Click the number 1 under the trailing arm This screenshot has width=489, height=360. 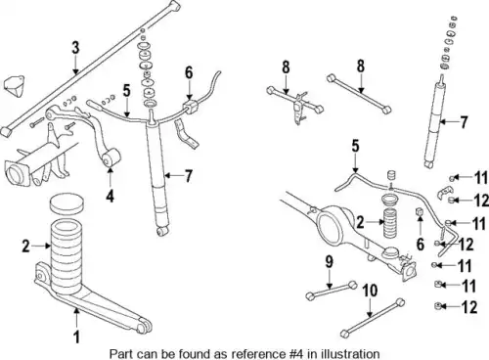(x=76, y=337)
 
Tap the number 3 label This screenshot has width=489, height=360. (x=75, y=48)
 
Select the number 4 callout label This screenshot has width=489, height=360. (x=111, y=196)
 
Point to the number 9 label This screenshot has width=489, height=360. (x=330, y=262)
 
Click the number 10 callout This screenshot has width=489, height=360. (x=370, y=291)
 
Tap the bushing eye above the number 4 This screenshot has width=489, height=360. (x=111, y=157)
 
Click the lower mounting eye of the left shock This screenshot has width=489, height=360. (x=162, y=231)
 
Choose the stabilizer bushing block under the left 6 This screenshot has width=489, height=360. (x=189, y=107)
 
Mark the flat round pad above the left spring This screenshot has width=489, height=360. (x=67, y=203)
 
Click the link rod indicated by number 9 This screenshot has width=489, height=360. (x=332, y=290)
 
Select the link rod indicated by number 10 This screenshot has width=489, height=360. (x=373, y=317)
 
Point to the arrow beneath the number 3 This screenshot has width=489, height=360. (x=75, y=65)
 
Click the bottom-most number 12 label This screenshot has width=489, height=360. (x=469, y=307)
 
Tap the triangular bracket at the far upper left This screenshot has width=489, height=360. (x=15, y=85)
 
